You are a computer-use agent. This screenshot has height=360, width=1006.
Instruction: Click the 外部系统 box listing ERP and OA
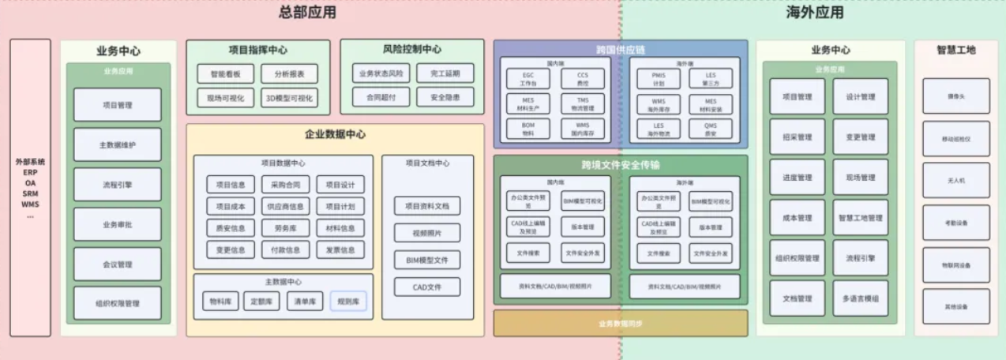pos(31,187)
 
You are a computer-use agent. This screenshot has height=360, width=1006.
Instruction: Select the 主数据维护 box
pos(117,144)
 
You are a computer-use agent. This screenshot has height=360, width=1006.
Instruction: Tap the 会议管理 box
pos(117,264)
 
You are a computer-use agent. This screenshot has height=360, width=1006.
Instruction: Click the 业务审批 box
pos(117,224)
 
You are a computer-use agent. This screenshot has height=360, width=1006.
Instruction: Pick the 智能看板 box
pos(226,74)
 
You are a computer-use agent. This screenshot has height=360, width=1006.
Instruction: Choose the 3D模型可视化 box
pos(289,98)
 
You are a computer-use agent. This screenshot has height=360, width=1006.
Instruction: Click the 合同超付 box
pos(381,98)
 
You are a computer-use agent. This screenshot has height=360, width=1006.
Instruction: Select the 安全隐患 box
pos(445,98)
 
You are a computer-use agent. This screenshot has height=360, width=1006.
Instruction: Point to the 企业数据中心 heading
pos(335,134)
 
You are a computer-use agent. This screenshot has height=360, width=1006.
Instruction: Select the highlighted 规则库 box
pos(348,301)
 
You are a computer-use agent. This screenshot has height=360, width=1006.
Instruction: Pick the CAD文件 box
pos(427,287)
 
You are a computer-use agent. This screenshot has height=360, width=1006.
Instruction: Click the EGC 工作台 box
pos(528,79)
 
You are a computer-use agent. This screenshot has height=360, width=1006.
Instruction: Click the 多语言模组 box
pos(860,298)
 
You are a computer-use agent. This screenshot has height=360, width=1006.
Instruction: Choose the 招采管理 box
pos(797,137)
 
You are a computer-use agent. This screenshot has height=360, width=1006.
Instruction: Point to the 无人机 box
pos(955,180)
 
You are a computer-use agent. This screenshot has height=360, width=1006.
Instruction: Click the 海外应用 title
pos(815,13)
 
